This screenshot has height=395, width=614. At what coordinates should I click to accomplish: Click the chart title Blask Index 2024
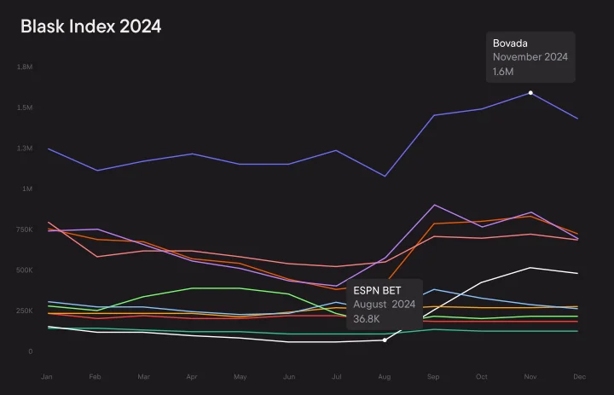(x=90, y=27)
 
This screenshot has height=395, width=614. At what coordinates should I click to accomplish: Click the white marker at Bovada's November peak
(x=530, y=92)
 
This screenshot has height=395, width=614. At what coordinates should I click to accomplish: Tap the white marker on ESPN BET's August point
(x=385, y=340)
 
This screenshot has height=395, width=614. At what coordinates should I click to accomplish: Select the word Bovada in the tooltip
(x=510, y=43)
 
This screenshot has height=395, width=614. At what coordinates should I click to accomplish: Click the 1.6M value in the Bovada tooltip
(x=503, y=72)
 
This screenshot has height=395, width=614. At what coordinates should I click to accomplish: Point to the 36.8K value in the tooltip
(x=367, y=318)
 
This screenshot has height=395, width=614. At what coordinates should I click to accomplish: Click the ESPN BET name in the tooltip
(x=377, y=290)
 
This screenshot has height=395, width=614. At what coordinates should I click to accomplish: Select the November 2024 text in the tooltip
(x=530, y=57)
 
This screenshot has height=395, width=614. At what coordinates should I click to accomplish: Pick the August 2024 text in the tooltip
(x=385, y=305)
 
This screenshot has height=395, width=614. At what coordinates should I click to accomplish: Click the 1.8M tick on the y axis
(x=25, y=67)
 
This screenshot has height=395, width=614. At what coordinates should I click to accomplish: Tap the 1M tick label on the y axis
(x=27, y=189)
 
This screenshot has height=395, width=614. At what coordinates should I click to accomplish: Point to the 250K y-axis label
(x=24, y=311)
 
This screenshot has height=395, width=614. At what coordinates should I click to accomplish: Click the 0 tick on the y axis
(x=31, y=351)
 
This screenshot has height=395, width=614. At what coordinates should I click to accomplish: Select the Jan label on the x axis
(x=48, y=375)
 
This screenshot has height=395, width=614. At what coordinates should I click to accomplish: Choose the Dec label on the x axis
(x=577, y=375)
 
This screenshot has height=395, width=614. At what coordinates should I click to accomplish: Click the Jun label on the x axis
(x=288, y=375)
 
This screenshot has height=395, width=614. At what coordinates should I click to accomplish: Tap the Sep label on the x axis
(x=433, y=375)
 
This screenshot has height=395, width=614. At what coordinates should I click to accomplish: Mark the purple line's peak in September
(x=434, y=205)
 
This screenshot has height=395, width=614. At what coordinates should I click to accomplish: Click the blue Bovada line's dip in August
(x=385, y=177)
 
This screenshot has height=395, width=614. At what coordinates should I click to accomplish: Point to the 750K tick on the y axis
(x=24, y=229)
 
